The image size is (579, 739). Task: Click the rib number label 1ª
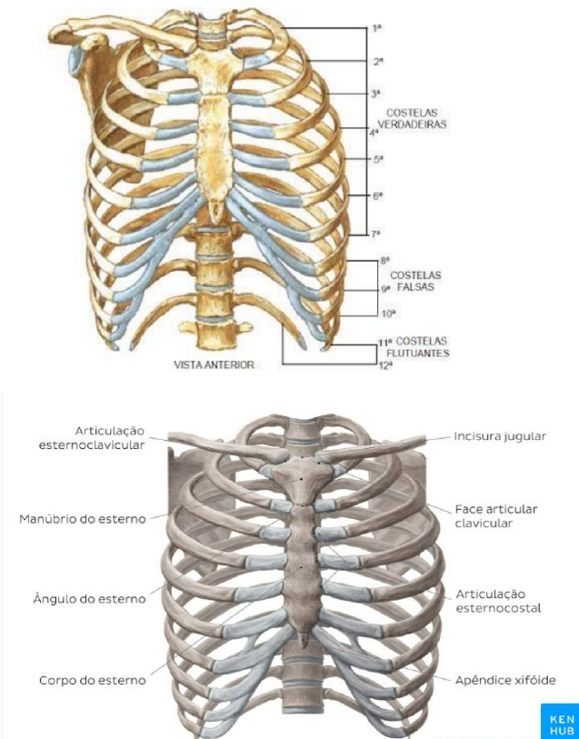(376, 29)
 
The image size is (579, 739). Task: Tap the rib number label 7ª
(375, 234)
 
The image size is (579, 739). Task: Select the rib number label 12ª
(385, 365)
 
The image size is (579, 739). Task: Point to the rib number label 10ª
(386, 314)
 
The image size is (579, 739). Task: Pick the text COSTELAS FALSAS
(415, 280)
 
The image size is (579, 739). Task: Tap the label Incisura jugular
(500, 436)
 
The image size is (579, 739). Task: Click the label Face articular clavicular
(496, 515)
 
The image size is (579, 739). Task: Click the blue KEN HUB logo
(558, 719)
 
